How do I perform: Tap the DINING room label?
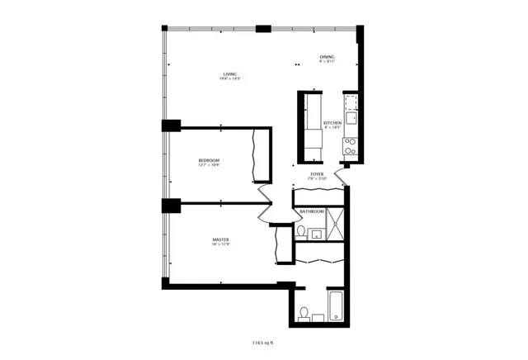tap(328, 56)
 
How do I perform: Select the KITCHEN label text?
tap(332, 122)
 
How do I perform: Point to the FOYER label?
tap(317, 174)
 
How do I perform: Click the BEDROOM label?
tap(209, 159)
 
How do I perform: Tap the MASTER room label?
tap(219, 239)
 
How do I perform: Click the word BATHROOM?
tap(312, 212)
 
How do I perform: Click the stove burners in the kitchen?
tap(350, 146)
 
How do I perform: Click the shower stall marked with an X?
tap(334, 223)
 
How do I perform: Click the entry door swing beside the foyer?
tap(347, 168)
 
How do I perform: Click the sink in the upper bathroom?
tap(316, 233)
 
